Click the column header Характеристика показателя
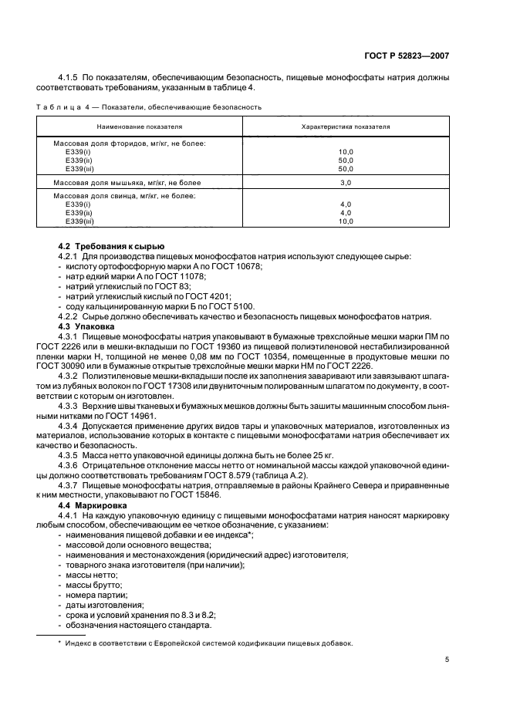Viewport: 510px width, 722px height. (345, 126)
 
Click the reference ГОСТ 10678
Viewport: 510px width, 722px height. (238, 265)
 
